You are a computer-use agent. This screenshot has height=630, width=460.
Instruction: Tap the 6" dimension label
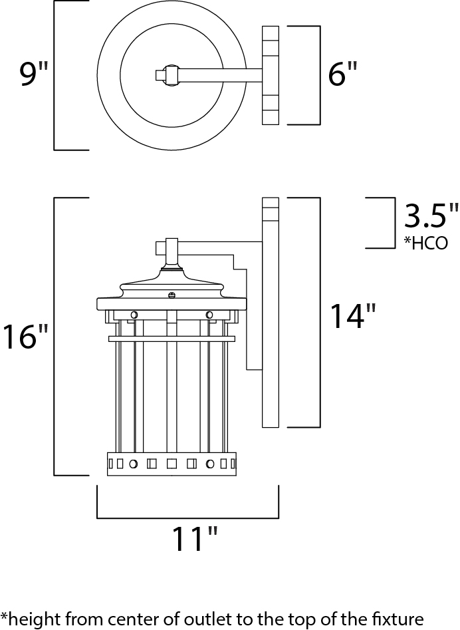click(x=342, y=75)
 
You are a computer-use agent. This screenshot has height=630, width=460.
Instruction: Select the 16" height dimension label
click(x=25, y=337)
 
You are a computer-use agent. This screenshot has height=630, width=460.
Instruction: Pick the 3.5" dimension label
click(x=431, y=217)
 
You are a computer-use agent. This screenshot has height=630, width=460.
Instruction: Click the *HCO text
click(x=425, y=242)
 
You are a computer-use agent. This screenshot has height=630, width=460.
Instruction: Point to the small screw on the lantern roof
click(x=172, y=295)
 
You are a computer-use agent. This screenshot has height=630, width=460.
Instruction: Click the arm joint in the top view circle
click(x=171, y=75)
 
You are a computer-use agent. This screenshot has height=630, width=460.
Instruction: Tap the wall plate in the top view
click(x=271, y=75)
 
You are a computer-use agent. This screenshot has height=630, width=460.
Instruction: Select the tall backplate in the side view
click(x=271, y=313)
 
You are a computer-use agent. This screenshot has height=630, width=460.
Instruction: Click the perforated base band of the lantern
click(x=172, y=464)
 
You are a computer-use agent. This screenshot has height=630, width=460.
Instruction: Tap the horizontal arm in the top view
click(x=219, y=75)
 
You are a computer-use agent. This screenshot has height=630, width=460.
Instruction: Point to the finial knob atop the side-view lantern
click(x=171, y=247)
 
